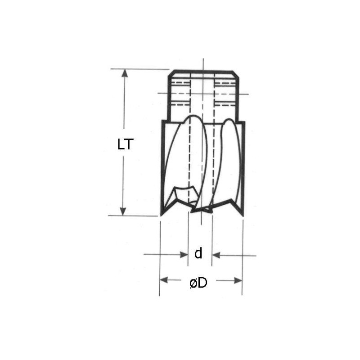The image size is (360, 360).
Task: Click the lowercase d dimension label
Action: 198,254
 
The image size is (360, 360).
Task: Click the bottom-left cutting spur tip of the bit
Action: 161,216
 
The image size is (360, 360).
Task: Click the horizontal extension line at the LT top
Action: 139,69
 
